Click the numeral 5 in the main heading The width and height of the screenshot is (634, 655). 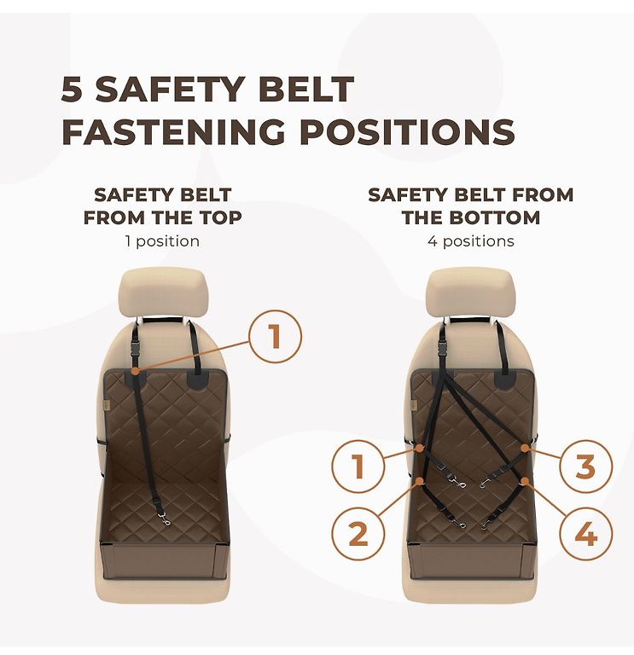click(x=72, y=89)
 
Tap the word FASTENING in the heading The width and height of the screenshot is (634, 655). click(x=174, y=131)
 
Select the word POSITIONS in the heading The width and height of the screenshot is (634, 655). click(x=407, y=131)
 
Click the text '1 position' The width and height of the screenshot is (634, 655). click(x=163, y=241)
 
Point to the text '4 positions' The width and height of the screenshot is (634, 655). click(x=470, y=241)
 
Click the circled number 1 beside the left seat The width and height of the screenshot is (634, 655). click(x=275, y=337)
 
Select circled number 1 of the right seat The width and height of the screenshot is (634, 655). click(x=358, y=466)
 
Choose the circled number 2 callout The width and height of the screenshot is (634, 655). click(x=358, y=533)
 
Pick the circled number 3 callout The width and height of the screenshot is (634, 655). click(x=585, y=466)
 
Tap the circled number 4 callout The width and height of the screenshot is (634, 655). click(x=585, y=533)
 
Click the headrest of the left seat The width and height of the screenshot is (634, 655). click(x=162, y=293)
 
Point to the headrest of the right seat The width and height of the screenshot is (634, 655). click(x=470, y=293)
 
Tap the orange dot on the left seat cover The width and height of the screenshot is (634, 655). click(x=134, y=371)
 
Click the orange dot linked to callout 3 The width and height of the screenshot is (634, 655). click(x=524, y=448)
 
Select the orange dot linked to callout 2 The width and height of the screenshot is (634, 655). click(x=420, y=481)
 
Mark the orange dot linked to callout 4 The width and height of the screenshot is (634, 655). click(x=524, y=481)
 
